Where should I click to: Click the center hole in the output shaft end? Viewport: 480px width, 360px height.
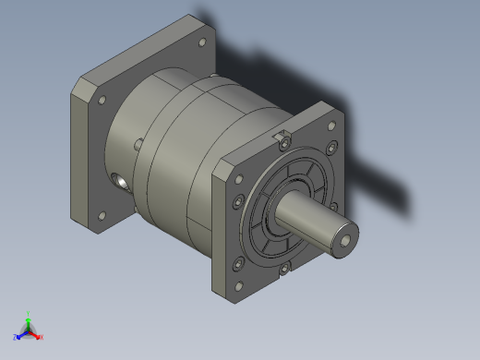coord(344,239)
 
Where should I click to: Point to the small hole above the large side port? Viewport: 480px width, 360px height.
coord(138,144)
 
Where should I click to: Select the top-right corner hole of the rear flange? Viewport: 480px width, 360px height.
coord(202,42)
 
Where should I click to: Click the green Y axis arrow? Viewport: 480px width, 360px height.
coord(28,319)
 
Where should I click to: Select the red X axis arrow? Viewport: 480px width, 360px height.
coord(36,335)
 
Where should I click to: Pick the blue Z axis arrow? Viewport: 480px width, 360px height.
coord(20,333)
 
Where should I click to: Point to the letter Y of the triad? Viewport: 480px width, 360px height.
coord(29,313)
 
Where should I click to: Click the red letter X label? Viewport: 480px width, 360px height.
coord(42,338)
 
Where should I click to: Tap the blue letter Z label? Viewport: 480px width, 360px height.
coord(16,337)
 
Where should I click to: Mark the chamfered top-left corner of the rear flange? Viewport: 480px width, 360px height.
coord(79,86)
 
